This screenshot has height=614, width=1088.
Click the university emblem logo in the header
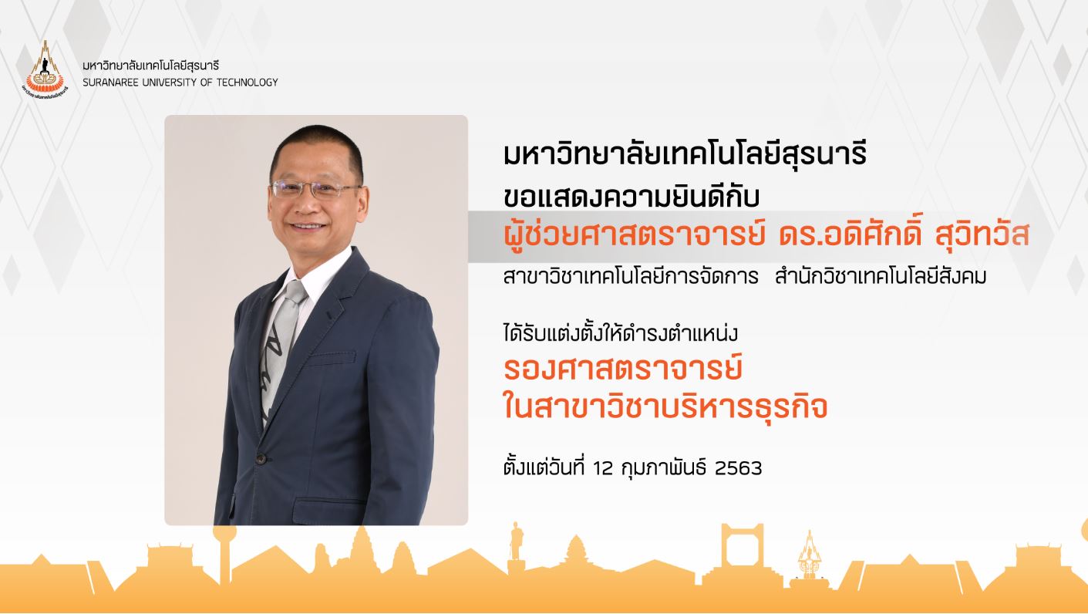(x=45, y=68)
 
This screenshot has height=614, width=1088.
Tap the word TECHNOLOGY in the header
(x=248, y=83)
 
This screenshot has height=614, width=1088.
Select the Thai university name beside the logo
(x=151, y=65)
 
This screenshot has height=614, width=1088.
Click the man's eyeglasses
(x=315, y=188)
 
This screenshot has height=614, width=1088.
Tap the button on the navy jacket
(x=261, y=458)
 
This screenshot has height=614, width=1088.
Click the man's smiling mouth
(x=308, y=227)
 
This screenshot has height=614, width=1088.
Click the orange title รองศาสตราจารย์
(x=623, y=369)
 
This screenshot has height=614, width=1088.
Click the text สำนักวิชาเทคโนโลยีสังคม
(x=881, y=276)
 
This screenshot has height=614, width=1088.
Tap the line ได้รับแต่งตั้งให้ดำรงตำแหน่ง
(x=621, y=334)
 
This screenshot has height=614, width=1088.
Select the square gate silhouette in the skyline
(x=743, y=552)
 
